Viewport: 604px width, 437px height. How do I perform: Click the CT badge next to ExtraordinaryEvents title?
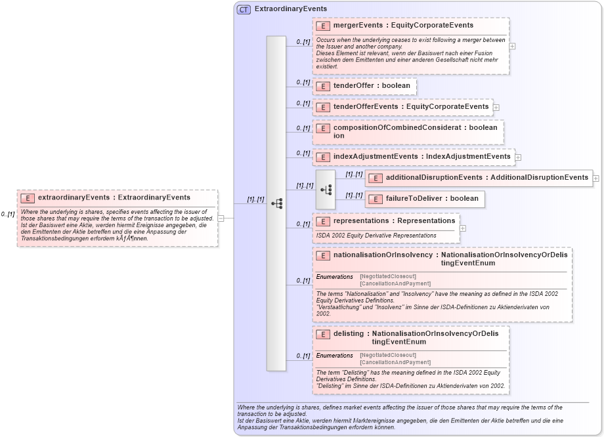pos(244,9)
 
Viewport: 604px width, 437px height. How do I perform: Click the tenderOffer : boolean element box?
pos(364,86)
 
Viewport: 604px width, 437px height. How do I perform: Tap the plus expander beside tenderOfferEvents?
pos(496,107)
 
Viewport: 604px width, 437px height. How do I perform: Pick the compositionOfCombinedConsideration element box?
pos(408,131)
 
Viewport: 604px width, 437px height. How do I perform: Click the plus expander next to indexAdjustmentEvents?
pos(519,157)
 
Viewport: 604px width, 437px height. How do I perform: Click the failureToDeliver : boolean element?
pos(424,199)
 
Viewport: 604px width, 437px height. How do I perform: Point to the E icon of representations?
pos(322,221)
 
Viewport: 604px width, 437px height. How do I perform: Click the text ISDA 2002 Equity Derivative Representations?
pos(376,235)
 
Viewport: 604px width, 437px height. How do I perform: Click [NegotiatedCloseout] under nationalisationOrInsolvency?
pos(387,276)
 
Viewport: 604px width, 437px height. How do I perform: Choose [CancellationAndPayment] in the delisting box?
pos(395,362)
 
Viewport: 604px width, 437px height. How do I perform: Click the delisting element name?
pos(348,333)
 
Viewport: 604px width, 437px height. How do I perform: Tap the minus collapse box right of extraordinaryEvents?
pos(221,218)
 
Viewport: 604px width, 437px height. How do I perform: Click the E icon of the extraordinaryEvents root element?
pos(28,198)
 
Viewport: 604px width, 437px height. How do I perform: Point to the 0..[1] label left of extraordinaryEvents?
pos(8,214)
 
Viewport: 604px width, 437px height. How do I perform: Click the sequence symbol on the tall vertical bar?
pos(276,203)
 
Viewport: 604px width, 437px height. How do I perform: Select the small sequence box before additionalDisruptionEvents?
pos(326,189)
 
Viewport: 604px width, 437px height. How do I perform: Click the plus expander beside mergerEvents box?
pos(512,47)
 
